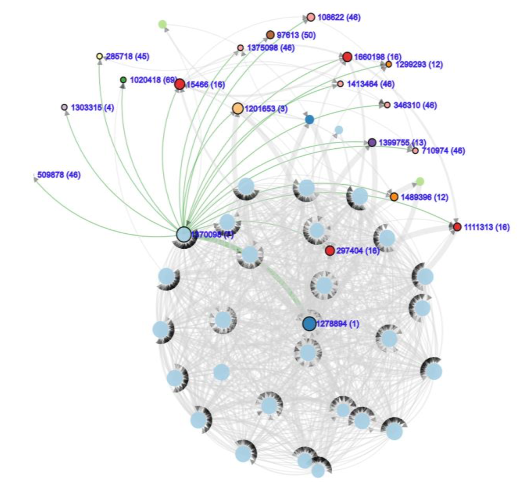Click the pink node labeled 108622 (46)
310,17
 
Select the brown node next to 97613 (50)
270,35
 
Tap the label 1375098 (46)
271,48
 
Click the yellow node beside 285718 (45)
99,56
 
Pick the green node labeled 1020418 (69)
123,80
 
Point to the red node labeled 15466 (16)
180,84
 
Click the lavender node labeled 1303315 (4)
64,107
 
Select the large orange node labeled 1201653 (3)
238,108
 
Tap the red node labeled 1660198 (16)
347,57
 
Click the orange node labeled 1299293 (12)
389,64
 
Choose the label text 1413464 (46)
370,84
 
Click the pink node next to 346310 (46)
387,105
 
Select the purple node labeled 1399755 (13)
372,142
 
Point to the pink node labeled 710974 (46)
415,151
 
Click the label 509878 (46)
59,175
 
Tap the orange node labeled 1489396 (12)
394,197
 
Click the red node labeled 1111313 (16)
457,227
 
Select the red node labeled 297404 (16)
330,250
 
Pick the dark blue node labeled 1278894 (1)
309,323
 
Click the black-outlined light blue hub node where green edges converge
184,234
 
